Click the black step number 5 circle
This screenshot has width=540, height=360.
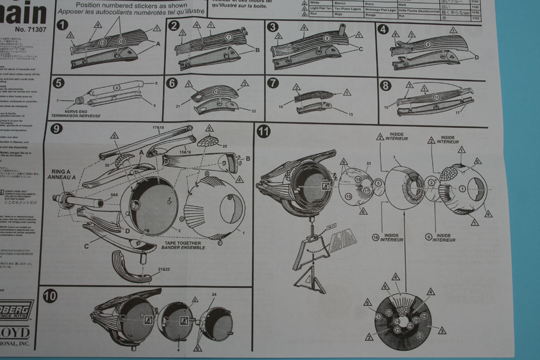point(59,83)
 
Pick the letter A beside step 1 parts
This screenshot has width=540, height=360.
point(158,45)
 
